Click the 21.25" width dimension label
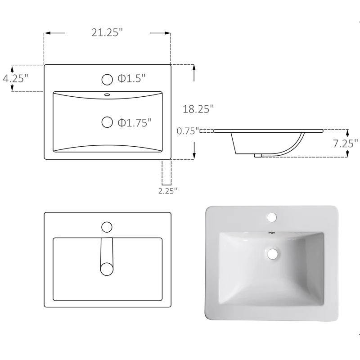coord(108,33)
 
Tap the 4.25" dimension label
coord(15,78)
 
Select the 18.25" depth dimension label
coord(198,108)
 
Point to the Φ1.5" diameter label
coord(131,79)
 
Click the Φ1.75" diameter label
coord(134,122)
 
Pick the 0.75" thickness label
coord(188,131)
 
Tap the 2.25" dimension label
coord(167,190)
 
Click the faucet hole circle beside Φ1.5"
coord(107,80)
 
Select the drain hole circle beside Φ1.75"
coord(107,122)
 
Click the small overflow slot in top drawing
coord(107,94)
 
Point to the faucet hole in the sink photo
coord(271,218)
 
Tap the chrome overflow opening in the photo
coord(271,233)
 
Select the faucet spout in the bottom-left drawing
coord(107,254)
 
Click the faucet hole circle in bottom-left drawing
coord(107,226)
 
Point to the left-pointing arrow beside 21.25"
coord(54,33)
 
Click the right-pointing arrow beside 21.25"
coord(161,33)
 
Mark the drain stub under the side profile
coord(257,156)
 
